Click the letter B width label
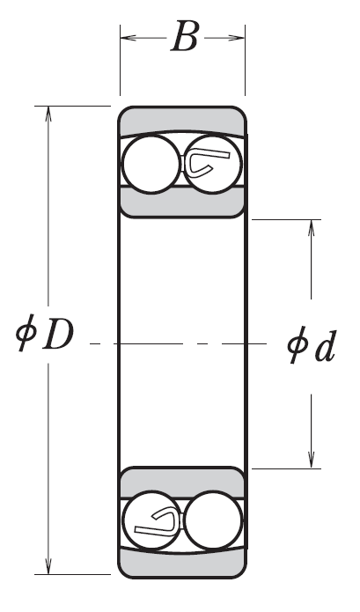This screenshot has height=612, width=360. [185, 36]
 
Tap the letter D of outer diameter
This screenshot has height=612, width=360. [58, 335]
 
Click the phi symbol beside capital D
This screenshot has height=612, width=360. [26, 333]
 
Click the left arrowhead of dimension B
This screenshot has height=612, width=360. [128, 38]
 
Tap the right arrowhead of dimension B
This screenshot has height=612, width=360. [237, 38]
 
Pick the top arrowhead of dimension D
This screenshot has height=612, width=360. [48, 114]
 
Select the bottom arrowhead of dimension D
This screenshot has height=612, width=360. [48, 566]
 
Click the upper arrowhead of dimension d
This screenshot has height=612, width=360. [312, 228]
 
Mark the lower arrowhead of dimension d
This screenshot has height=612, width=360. [312, 460]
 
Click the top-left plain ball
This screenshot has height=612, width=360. [151, 164]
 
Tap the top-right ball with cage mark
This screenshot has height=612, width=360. [213, 164]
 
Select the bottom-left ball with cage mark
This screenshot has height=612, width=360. [151, 520]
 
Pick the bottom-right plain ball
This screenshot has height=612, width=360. [213, 520]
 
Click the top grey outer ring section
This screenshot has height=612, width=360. [182, 121]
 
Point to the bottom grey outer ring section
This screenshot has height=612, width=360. [182, 564]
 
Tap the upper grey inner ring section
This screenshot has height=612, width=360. [182, 203]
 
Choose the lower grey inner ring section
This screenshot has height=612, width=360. [182, 483]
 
